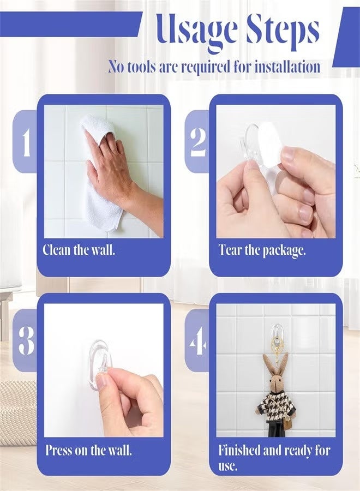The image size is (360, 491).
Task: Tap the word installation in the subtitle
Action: pos(284,67)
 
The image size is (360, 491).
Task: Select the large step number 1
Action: pos(26,142)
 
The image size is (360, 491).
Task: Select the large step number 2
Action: pos(197,142)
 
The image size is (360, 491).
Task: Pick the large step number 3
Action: pos(26,340)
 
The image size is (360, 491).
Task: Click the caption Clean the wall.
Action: pos(79,251)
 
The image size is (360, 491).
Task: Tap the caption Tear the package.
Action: pos(262,251)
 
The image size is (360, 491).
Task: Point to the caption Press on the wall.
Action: pos(88,451)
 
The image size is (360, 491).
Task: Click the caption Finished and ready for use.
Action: pos(274,458)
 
